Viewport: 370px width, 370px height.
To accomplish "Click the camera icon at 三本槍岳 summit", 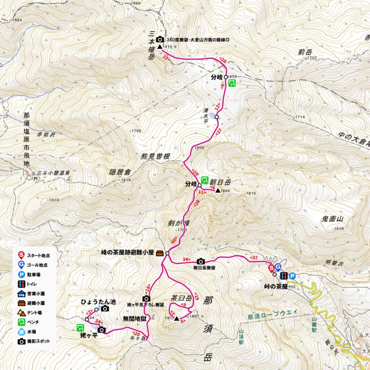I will (x=160, y=40).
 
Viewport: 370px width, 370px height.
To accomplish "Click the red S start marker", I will (x=271, y=268).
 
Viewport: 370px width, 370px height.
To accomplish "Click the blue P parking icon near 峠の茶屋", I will (x=292, y=276).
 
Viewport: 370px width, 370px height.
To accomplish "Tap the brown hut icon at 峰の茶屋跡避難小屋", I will (x=160, y=254).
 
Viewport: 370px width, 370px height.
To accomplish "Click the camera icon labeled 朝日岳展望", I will (x=201, y=261).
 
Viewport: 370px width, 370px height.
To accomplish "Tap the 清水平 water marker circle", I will (x=217, y=117).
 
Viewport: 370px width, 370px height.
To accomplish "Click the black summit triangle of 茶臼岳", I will (x=176, y=318).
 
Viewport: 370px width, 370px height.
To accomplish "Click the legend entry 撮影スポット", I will (x=39, y=341).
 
